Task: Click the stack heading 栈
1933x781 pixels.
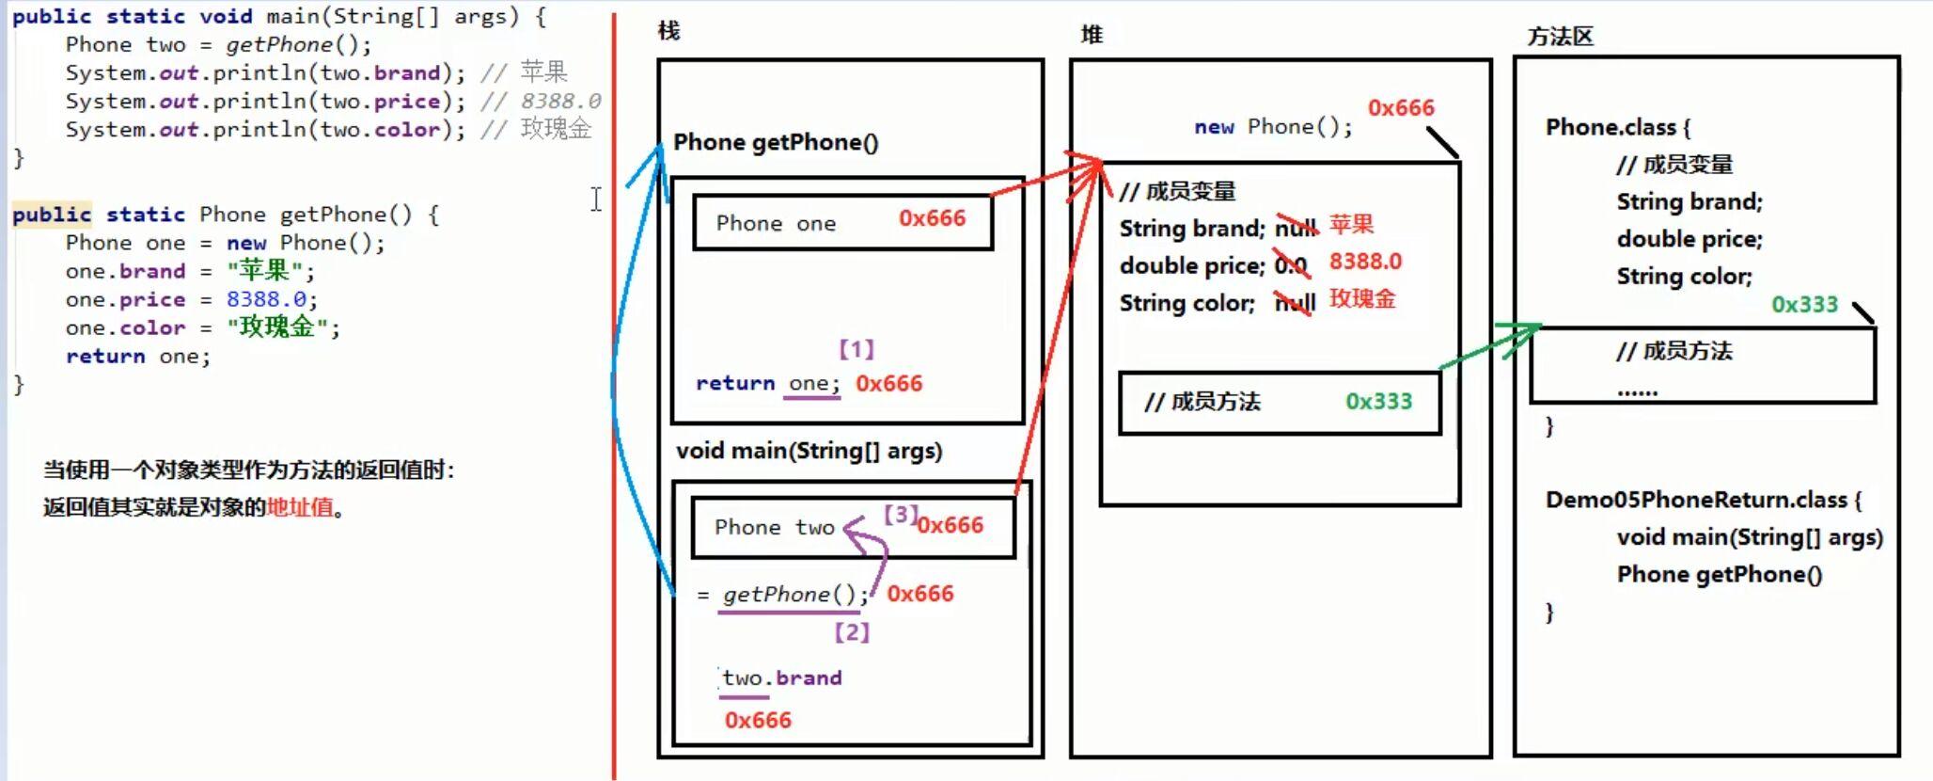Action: click(x=668, y=31)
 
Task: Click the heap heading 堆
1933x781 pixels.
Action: click(x=1092, y=35)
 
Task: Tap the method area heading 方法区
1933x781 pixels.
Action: click(x=1560, y=37)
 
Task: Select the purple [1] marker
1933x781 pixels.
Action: click(x=856, y=350)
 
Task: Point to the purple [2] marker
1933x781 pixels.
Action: click(x=852, y=632)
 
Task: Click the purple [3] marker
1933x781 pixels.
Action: click(x=900, y=514)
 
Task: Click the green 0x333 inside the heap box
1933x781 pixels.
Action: click(x=1378, y=402)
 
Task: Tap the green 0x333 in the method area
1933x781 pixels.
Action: click(x=1804, y=304)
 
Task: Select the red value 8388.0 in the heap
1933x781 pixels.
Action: click(x=1364, y=262)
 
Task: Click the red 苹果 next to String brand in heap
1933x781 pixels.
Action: click(x=1351, y=225)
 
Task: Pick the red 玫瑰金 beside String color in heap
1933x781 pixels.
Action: click(x=1361, y=299)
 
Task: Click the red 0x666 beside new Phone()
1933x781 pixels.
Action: click(x=1401, y=108)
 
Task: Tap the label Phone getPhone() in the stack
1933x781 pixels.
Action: click(x=776, y=142)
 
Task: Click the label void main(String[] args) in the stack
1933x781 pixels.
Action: click(x=809, y=451)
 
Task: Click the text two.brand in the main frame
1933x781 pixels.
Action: click(x=781, y=677)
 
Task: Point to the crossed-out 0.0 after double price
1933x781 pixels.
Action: click(x=1291, y=266)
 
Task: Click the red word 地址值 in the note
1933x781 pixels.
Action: click(x=300, y=507)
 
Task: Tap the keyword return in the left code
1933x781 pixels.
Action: click(x=105, y=357)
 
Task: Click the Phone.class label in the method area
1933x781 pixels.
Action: click(x=1611, y=127)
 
